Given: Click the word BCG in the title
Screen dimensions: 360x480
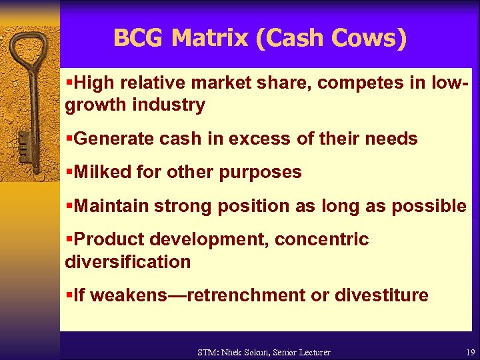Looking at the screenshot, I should tap(139, 38).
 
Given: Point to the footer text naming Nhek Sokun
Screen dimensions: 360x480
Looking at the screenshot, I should tap(264, 352).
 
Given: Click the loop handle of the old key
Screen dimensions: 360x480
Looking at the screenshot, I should tap(27, 50).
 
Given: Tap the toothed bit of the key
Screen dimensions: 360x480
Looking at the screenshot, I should tap(23, 143).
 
